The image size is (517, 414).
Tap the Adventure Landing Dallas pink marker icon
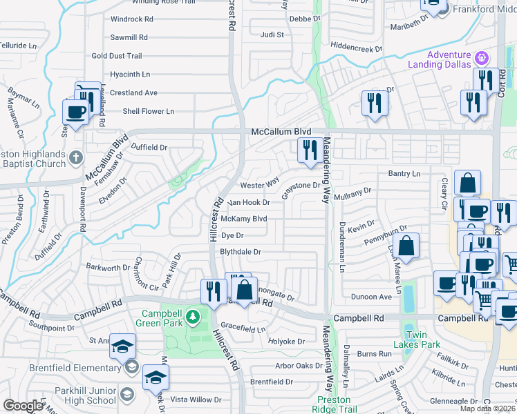click(x=483, y=56)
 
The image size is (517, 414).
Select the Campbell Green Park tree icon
click(x=194, y=317)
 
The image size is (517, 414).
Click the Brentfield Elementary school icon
click(x=131, y=367)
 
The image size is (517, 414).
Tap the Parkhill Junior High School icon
click(x=127, y=394)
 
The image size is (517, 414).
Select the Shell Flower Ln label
click(x=148, y=111)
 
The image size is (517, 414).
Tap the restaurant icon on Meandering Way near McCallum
click(x=308, y=150)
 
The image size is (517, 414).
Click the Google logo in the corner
click(x=23, y=406)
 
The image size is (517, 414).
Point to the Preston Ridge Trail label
click(x=337, y=404)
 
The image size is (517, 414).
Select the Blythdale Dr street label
click(x=240, y=252)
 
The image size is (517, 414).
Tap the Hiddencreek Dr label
click(x=356, y=49)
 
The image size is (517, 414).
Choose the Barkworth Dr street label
click(x=108, y=266)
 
